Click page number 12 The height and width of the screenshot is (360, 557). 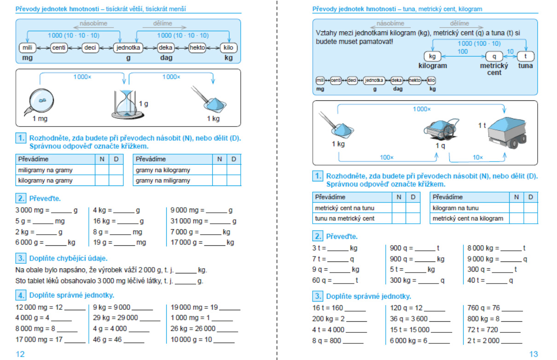20,354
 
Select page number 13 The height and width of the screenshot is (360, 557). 533,354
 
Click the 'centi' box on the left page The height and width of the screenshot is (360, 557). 59,47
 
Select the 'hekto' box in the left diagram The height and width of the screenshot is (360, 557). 197,47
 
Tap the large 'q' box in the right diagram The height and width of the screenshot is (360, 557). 494,56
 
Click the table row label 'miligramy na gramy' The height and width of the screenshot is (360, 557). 45,170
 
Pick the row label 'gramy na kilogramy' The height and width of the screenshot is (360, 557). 163,170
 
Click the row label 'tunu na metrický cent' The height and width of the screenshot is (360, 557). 344,218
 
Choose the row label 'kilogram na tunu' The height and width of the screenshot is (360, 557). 456,208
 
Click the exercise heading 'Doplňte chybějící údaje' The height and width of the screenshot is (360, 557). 69,258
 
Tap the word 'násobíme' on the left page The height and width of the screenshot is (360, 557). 94,23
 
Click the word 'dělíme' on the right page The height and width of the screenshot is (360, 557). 459,23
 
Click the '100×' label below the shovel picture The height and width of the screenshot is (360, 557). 387,157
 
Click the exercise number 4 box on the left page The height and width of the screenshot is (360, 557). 21,295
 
